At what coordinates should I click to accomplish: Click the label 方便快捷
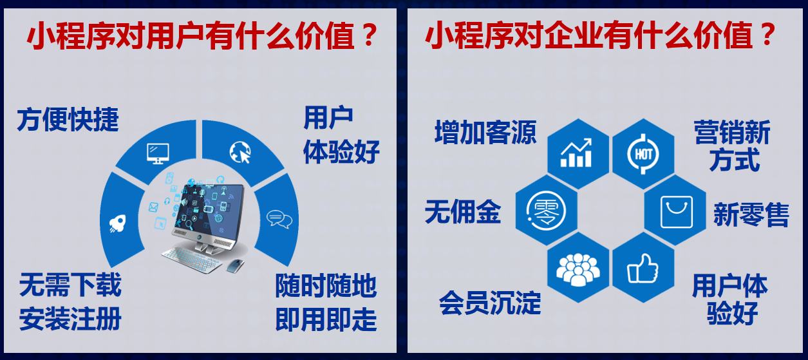[x=68, y=120]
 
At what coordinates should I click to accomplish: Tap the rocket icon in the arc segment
[x=118, y=223]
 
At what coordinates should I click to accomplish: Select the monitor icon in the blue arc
[x=158, y=154]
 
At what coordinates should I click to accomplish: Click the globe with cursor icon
[x=240, y=151]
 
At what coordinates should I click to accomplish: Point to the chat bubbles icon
[x=279, y=219]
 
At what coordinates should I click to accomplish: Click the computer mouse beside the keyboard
[x=234, y=266]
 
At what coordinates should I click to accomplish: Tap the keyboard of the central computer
[x=192, y=260]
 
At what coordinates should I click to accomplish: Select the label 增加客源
[x=485, y=133]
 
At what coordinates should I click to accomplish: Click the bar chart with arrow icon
[x=576, y=153]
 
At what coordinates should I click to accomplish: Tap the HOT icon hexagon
[x=643, y=154]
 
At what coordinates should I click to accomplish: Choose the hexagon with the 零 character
[x=546, y=211]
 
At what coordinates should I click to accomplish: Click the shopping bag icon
[x=677, y=212]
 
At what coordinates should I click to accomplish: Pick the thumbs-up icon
[x=643, y=268]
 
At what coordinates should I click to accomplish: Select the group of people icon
[x=578, y=269]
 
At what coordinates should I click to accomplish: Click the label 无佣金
[x=463, y=211]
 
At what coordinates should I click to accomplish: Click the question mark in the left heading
[x=369, y=35]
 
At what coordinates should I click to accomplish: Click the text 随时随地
[x=326, y=286]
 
